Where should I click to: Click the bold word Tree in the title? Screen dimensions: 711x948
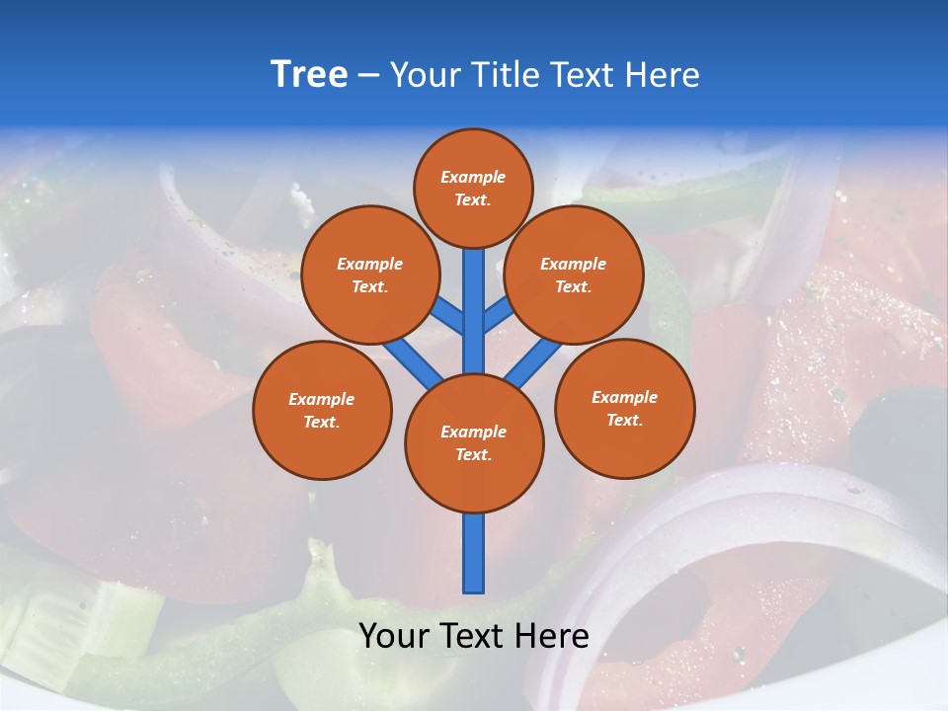(x=309, y=75)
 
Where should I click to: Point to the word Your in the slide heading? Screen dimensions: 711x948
(x=424, y=75)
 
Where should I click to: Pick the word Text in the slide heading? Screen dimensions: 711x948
(x=585, y=75)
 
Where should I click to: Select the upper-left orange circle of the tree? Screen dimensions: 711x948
(x=369, y=275)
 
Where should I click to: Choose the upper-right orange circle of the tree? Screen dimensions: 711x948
(x=574, y=275)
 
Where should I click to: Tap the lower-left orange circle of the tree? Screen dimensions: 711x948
(x=322, y=410)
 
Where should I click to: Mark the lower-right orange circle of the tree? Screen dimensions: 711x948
(x=624, y=408)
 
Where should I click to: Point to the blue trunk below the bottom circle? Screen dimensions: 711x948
(x=474, y=553)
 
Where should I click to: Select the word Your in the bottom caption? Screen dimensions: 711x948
(x=394, y=636)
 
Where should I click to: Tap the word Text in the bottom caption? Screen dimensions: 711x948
(x=474, y=636)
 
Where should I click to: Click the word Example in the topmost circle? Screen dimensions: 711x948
(x=473, y=178)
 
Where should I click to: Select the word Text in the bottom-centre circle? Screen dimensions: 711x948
(x=474, y=455)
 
